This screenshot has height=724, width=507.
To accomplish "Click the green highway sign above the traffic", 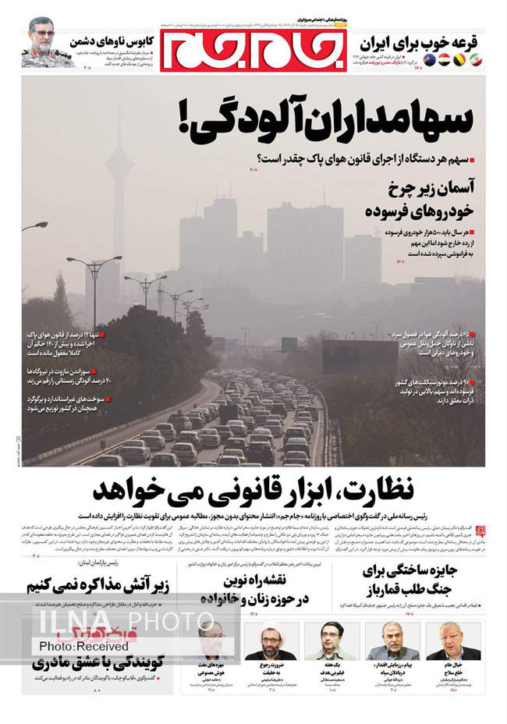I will (x=289, y=344).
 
